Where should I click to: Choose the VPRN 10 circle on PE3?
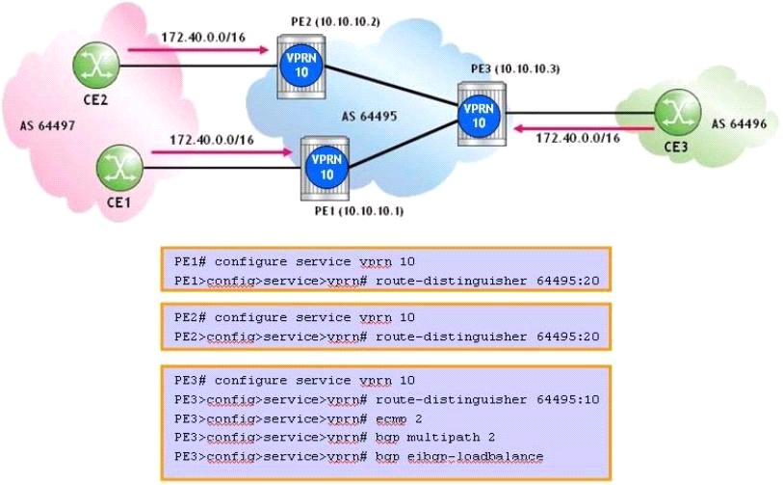pyautogui.click(x=477, y=112)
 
